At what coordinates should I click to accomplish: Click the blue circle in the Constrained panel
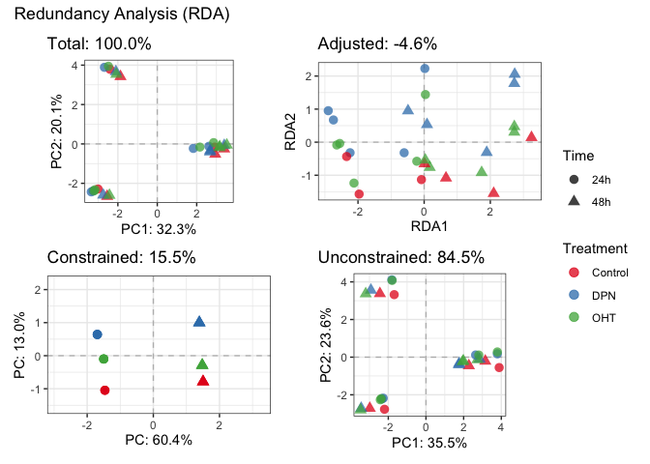coord(97,334)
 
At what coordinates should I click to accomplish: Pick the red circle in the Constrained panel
coord(104,391)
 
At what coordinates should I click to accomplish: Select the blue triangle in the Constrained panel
coord(199,322)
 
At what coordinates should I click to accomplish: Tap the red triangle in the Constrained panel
coord(203,381)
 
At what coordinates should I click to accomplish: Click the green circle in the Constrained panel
coord(103,359)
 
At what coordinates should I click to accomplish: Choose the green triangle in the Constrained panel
coord(202,364)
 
